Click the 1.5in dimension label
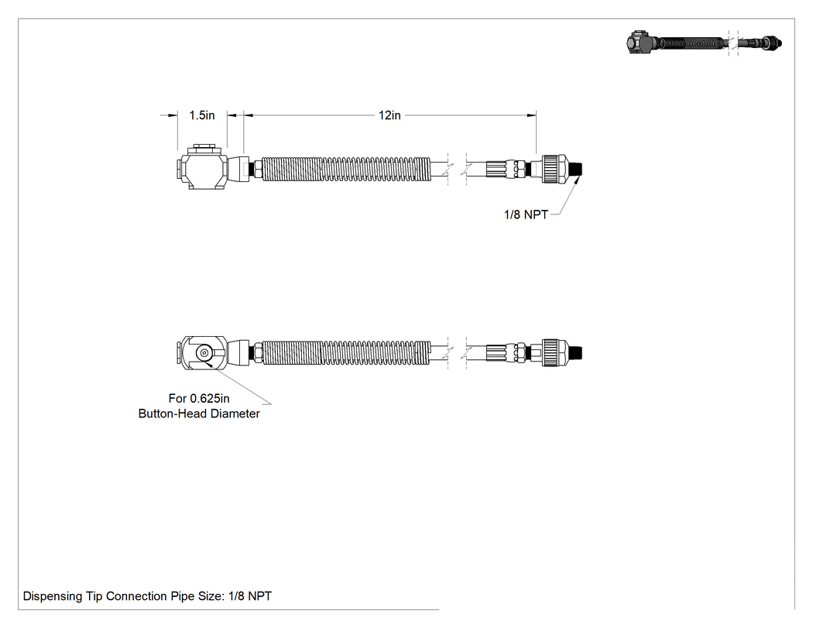point(201,115)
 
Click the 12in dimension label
point(389,115)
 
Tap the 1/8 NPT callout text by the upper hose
point(526,214)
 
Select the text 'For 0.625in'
point(199,398)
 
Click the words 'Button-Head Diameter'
point(199,414)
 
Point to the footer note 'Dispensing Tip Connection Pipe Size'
point(124,596)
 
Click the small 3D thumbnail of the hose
point(704,43)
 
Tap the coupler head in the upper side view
point(201,167)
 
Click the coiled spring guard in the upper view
point(346,169)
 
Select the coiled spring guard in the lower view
point(346,352)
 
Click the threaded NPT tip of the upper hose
point(577,169)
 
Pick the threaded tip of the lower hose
point(577,353)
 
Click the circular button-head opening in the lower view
point(204,353)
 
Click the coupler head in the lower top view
point(201,353)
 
